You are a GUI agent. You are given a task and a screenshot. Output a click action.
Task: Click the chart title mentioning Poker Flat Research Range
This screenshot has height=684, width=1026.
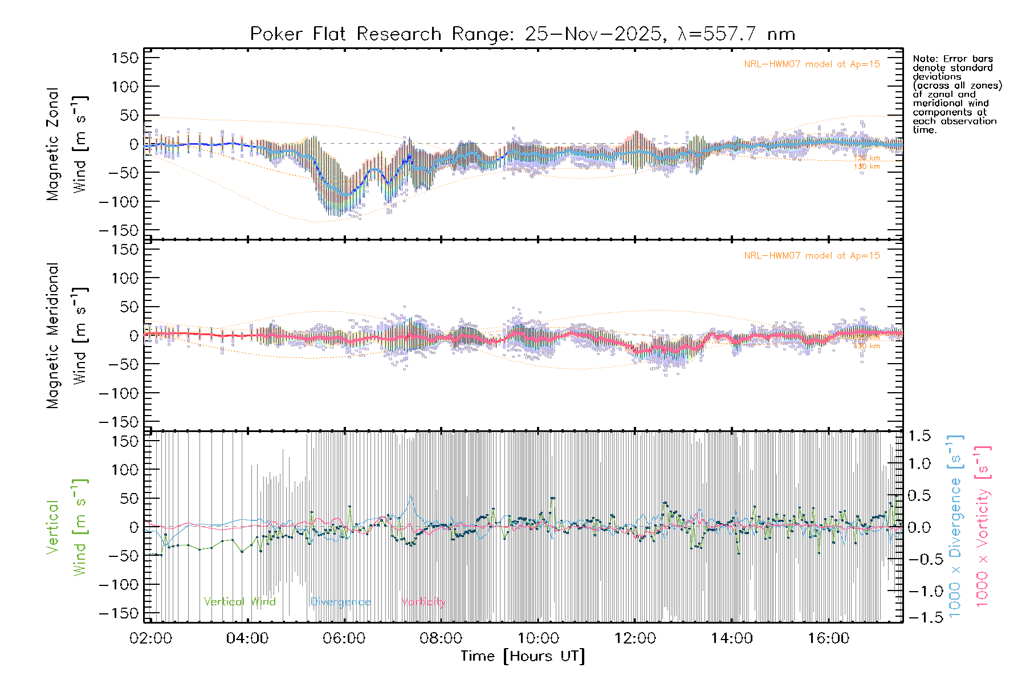coord(522,34)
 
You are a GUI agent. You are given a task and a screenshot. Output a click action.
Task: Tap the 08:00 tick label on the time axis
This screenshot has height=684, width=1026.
coord(441,638)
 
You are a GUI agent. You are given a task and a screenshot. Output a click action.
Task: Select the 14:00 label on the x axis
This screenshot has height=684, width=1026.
coord(731,638)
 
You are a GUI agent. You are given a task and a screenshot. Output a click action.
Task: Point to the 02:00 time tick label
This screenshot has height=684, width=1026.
coord(150,638)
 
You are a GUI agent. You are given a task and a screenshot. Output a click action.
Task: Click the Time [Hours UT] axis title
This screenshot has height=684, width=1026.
coord(523,656)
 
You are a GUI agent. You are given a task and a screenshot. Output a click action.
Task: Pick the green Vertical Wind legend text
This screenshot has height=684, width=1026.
coord(239,602)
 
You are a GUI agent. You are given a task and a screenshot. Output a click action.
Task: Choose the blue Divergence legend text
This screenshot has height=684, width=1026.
coord(340,602)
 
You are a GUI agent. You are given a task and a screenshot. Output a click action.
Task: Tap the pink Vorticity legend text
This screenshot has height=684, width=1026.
coord(422,602)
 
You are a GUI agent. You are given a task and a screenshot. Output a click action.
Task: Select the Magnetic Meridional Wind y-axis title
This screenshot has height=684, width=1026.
coord(67,336)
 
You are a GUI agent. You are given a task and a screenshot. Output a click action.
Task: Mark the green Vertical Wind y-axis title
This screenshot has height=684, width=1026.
coord(67,527)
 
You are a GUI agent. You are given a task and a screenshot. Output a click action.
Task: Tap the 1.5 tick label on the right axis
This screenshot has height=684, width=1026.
coord(919,436)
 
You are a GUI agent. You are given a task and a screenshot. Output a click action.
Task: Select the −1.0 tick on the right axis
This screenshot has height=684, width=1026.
coord(919,591)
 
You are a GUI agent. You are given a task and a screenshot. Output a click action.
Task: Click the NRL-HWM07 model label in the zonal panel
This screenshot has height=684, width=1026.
coord(812,64)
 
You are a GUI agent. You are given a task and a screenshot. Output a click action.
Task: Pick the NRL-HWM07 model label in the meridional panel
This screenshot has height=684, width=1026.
coord(812,256)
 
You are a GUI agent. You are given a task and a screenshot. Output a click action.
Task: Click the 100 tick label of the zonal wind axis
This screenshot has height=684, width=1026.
coord(125,87)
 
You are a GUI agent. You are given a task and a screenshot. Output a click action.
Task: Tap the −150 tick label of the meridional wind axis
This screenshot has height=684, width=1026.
coord(119,422)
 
